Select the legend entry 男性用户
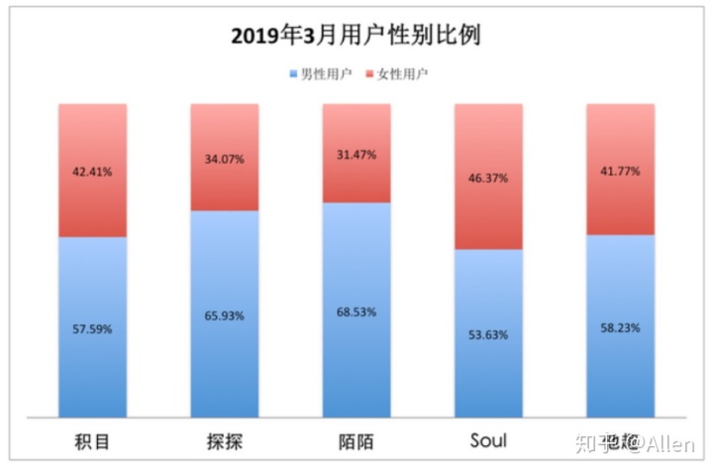pyautogui.click(x=319, y=74)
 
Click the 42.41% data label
pyautogui.click(x=92, y=171)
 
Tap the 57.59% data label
pyautogui.click(x=92, y=327)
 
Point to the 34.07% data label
pyautogui.click(x=224, y=158)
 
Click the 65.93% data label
pyautogui.click(x=224, y=315)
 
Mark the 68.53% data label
pyautogui.click(x=356, y=310)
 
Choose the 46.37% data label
pyautogui.click(x=487, y=177)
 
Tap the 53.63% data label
pyautogui.click(x=487, y=334)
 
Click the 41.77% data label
pyautogui.click(x=620, y=171)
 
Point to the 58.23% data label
pyautogui.click(x=620, y=326)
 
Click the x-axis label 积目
pyautogui.click(x=92, y=441)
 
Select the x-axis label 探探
pyautogui.click(x=224, y=441)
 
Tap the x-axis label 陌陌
pyautogui.click(x=356, y=441)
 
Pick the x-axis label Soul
pyautogui.click(x=487, y=440)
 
